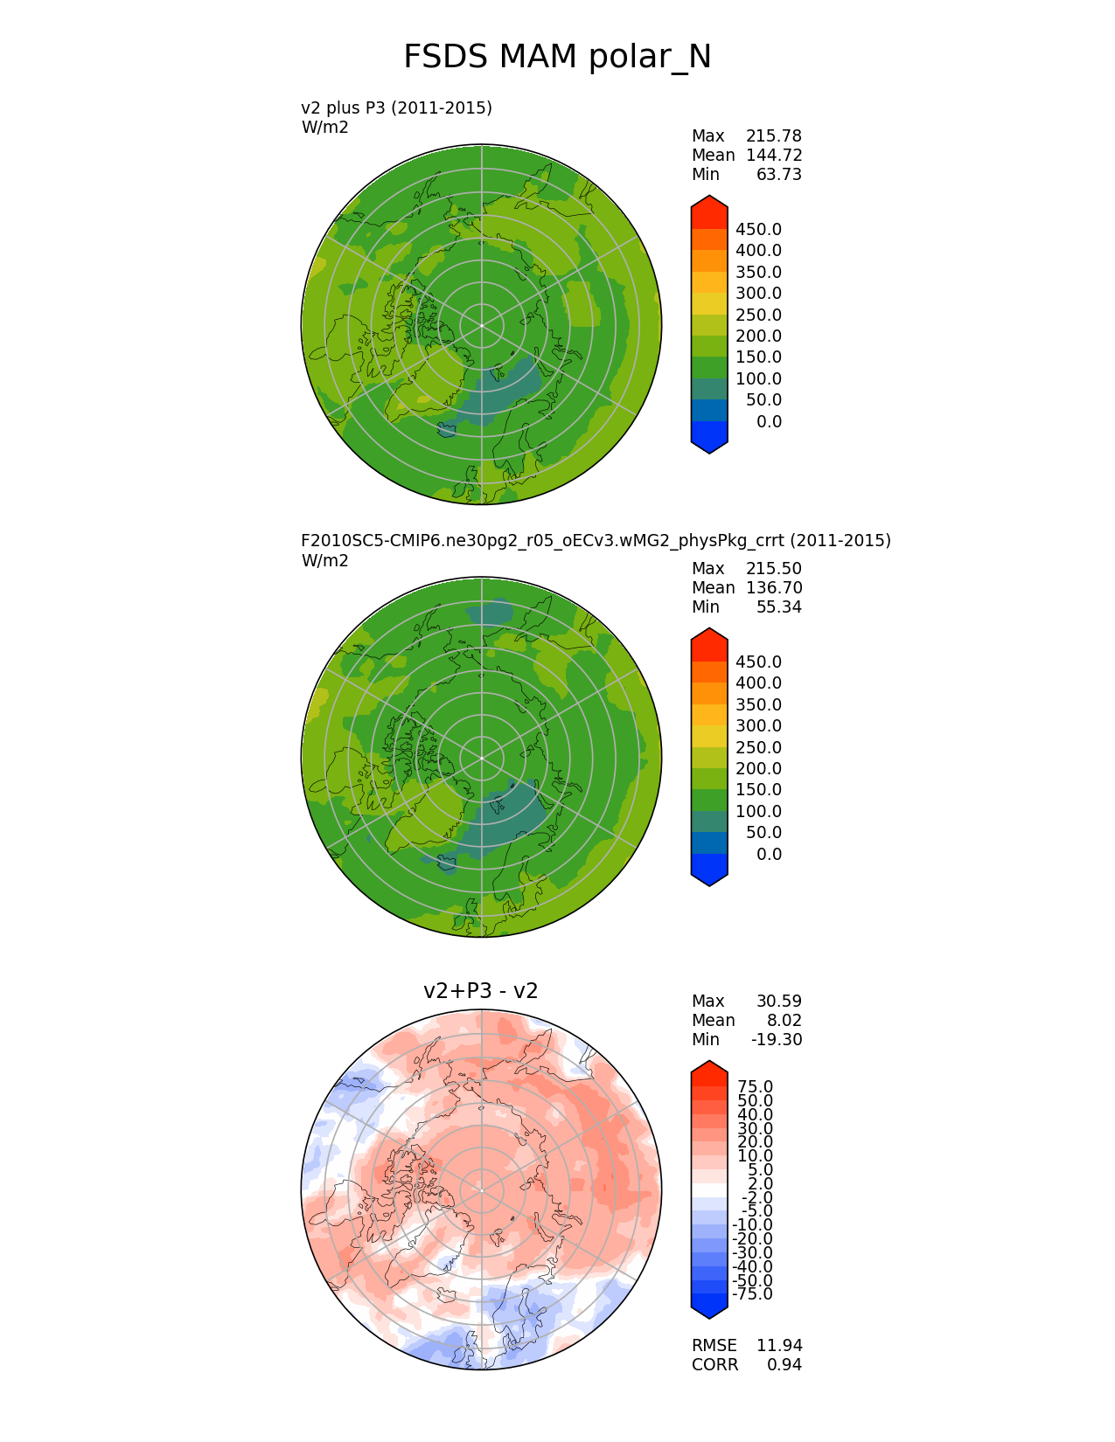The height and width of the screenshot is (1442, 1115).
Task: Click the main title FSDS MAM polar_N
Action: pos(557,58)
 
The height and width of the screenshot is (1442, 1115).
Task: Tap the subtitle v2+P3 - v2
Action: pos(480,990)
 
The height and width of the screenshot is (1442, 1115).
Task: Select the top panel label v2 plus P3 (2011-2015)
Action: pos(396,107)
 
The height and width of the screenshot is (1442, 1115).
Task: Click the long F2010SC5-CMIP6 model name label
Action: pos(596,540)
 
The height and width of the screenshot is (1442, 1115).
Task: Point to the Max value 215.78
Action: pos(773,136)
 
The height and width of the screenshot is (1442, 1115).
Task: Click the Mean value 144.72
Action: pos(773,156)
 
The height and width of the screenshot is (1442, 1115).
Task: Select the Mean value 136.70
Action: pos(773,588)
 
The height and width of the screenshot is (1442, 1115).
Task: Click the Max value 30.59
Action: pos(778,1002)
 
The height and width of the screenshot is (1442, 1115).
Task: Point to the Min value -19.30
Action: pos(776,1040)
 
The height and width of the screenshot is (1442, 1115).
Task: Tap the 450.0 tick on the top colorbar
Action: pos(758,230)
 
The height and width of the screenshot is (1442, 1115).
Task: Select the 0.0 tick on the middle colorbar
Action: pos(769,855)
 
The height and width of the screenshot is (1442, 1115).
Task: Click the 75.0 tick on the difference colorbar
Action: pos(755,1087)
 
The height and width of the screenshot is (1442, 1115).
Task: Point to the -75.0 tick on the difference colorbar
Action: pos(752,1294)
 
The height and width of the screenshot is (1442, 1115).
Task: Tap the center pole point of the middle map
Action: pos(482,758)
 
